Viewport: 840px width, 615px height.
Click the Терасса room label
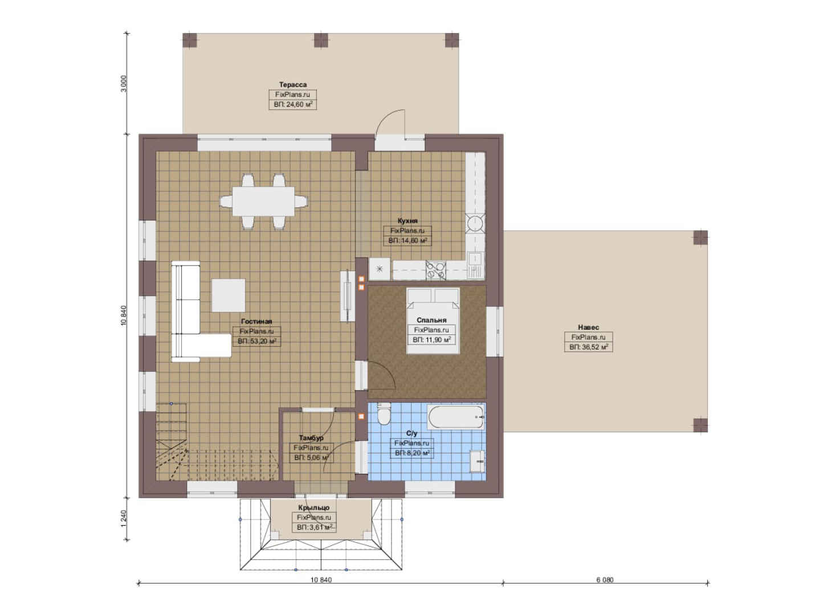(293, 85)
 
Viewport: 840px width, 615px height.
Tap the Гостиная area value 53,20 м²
(257, 341)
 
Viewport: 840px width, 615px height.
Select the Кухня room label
(407, 221)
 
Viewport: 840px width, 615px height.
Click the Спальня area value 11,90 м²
(431, 340)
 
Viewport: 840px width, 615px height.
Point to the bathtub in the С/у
(456, 417)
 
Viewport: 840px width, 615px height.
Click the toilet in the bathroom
(384, 415)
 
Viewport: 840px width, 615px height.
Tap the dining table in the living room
(263, 201)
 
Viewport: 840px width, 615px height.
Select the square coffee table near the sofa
(229, 296)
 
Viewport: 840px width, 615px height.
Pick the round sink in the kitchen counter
(475, 224)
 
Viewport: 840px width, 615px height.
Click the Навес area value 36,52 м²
(589, 347)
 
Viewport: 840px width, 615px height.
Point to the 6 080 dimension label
(605, 580)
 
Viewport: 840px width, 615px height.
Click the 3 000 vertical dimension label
(124, 83)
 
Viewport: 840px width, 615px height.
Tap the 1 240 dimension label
(124, 519)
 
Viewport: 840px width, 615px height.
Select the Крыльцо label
(314, 507)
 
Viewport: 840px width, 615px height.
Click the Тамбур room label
(311, 438)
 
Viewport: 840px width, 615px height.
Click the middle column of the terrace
(321, 40)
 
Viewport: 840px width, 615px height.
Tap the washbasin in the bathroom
(478, 461)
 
